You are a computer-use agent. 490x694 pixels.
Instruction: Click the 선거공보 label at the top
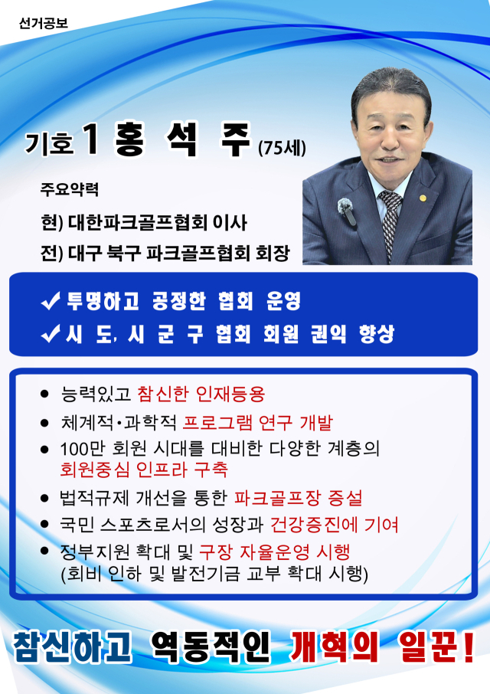pyautogui.click(x=43, y=23)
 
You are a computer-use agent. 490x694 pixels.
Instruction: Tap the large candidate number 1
pyautogui.click(x=91, y=139)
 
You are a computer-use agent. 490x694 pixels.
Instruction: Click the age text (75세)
pyautogui.click(x=283, y=148)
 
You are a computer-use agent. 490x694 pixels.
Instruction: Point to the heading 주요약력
pyautogui.click(x=70, y=189)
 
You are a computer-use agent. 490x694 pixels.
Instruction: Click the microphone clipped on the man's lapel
pyautogui.click(x=346, y=211)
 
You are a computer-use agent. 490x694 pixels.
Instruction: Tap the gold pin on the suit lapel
pyautogui.click(x=423, y=198)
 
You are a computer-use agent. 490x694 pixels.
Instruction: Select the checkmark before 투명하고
pyautogui.click(x=51, y=301)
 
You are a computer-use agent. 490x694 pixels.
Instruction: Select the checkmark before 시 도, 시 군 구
pyautogui.click(x=51, y=334)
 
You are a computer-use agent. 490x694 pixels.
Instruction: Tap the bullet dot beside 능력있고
pyautogui.click(x=44, y=394)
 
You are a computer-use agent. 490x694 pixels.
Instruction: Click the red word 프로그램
pyautogui.click(x=217, y=423)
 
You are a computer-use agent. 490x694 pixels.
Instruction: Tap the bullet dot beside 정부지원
pyautogui.click(x=44, y=551)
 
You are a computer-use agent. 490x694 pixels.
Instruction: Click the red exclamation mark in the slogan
pyautogui.click(x=468, y=647)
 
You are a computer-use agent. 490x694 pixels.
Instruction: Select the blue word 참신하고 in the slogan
pyautogui.click(x=73, y=647)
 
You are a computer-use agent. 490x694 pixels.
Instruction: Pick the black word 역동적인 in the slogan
pyautogui.click(x=211, y=647)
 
